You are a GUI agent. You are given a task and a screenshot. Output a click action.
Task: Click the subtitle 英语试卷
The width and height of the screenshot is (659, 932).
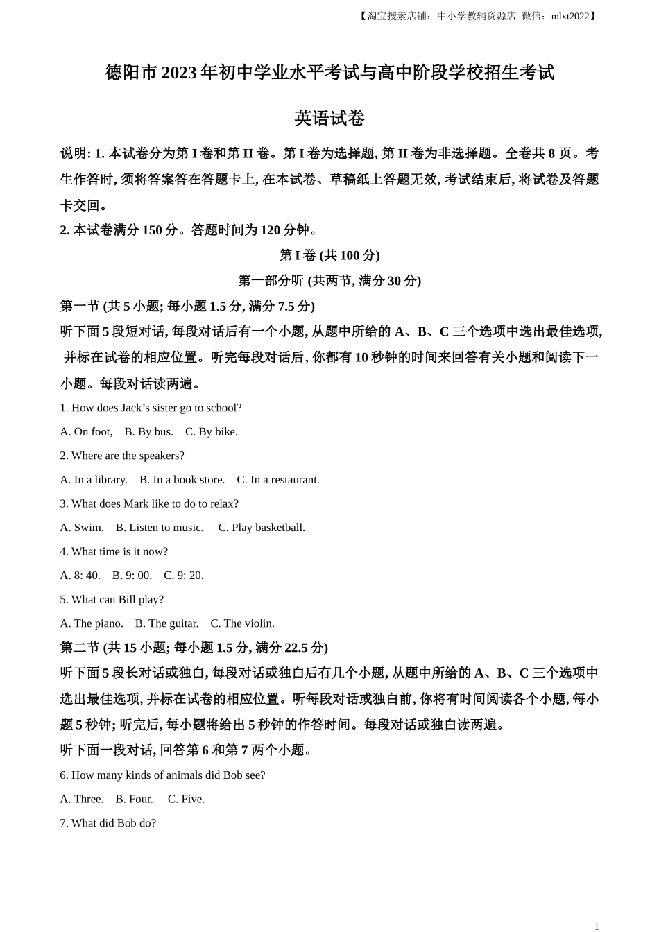[x=329, y=119]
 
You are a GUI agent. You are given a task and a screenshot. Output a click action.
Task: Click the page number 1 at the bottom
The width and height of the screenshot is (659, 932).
[x=596, y=926]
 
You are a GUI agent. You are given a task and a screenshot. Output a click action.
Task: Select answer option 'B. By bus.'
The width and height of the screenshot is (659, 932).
[x=148, y=432]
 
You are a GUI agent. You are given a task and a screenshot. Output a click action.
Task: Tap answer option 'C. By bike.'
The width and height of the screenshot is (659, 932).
[x=211, y=432]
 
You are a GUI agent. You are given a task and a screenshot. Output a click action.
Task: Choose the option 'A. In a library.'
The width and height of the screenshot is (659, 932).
[x=94, y=480]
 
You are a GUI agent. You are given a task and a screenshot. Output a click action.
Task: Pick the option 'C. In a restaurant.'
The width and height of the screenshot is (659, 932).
[x=278, y=480]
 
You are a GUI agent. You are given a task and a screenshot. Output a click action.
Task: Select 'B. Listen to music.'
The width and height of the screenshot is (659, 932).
[x=160, y=528]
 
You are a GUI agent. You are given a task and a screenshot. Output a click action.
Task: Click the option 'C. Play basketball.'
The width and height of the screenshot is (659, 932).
[x=262, y=528]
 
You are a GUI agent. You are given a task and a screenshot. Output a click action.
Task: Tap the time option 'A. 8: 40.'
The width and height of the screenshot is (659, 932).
[x=80, y=576]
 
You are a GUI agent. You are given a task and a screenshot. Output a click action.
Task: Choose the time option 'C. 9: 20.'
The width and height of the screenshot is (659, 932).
[x=184, y=576]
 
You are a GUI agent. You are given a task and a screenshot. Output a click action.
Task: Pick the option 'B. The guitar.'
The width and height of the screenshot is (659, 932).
[x=166, y=623]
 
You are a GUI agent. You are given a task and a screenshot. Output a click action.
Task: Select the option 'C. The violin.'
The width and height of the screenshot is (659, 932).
[x=242, y=623]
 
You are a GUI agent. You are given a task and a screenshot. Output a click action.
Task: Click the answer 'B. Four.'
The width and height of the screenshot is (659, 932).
[x=134, y=799]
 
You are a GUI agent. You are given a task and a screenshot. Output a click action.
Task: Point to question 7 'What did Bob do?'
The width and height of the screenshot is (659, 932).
[x=108, y=823]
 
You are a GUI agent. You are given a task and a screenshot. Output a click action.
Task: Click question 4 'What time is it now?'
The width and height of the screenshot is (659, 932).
[x=114, y=552]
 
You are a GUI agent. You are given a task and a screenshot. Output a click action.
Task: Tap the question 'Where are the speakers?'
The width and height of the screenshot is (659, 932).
[x=122, y=456]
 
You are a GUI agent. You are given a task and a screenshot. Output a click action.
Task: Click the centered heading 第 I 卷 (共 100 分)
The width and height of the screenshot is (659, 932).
[x=329, y=255]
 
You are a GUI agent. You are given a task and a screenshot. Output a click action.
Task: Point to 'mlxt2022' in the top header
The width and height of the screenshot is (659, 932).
[x=570, y=16]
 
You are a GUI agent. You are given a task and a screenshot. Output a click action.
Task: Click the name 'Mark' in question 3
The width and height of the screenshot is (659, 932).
[x=137, y=504]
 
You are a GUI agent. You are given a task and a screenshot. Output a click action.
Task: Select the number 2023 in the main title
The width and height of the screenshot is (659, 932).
[x=179, y=73]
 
